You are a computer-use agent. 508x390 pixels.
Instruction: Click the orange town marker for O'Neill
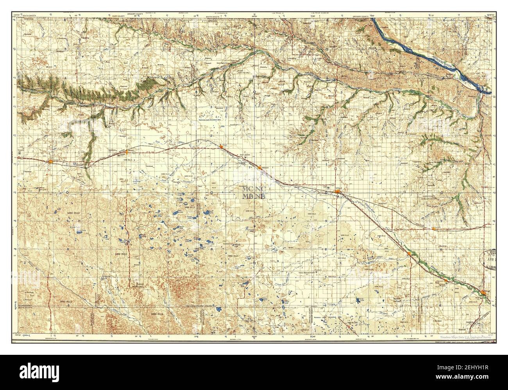[337, 191]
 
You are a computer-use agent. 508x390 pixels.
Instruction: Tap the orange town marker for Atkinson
[259, 168]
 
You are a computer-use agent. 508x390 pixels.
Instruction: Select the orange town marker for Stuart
[221, 147]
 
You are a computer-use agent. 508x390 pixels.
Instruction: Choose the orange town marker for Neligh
[484, 293]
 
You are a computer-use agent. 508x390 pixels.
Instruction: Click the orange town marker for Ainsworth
[51, 161]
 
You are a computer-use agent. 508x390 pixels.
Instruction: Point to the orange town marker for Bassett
[127, 151]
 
